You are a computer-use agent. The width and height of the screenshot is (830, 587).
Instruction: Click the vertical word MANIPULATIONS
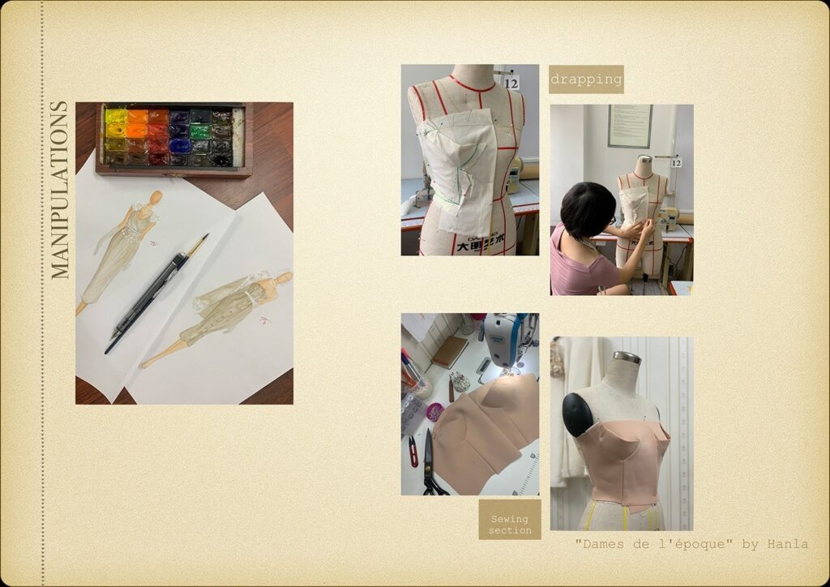tap(60, 190)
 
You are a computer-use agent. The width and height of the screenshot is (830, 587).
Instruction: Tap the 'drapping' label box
tap(586, 79)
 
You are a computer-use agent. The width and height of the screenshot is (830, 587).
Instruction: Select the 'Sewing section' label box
tap(510, 519)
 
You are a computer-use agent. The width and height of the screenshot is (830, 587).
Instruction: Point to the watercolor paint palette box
tap(173, 139)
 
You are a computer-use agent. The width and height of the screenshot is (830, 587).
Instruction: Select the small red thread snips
tap(413, 452)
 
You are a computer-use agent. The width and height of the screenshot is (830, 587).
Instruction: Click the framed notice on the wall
tap(630, 126)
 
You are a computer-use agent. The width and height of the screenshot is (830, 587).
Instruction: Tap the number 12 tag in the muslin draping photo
tap(511, 83)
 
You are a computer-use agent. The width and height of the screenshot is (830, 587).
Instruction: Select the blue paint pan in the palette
tap(179, 145)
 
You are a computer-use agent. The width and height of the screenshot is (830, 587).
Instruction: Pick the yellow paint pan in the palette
tap(116, 116)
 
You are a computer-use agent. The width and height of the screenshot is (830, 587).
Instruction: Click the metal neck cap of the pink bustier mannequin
tap(627, 358)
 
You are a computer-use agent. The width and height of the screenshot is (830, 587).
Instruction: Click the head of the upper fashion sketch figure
tap(155, 198)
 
